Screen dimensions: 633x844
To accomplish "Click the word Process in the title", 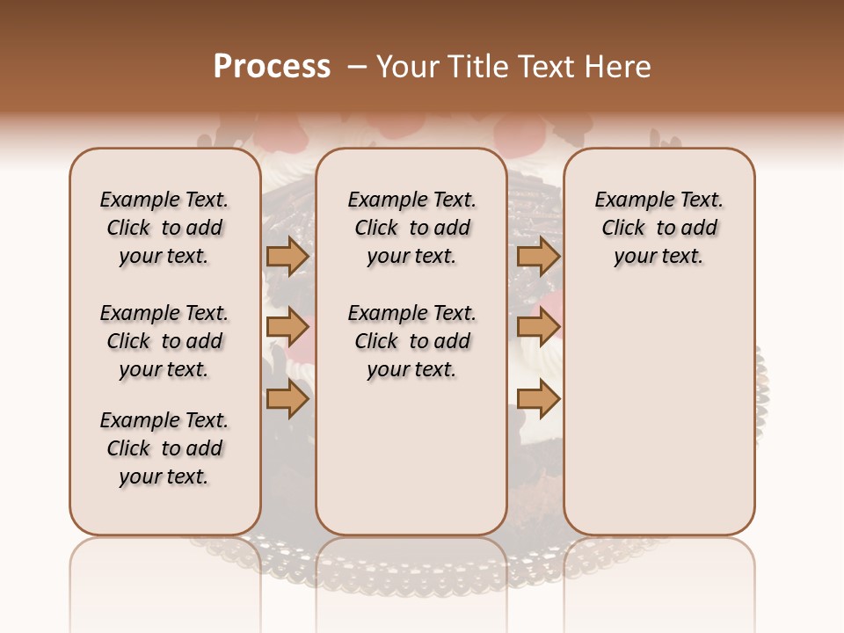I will [x=272, y=67].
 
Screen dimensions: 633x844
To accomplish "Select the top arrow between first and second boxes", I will [x=287, y=256].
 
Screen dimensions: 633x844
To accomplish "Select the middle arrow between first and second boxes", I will [x=287, y=328].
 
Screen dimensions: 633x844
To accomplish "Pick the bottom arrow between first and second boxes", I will [x=287, y=399].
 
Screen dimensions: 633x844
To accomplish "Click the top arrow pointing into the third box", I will [x=538, y=256].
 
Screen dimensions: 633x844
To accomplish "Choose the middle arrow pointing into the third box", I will [x=538, y=328].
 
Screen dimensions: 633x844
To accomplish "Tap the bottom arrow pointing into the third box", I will [x=538, y=399].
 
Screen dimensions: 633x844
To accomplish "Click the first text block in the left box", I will [x=164, y=228].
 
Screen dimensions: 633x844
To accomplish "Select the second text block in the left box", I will [x=164, y=341].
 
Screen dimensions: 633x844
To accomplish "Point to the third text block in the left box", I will [x=164, y=448].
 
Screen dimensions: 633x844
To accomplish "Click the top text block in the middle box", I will [x=411, y=228].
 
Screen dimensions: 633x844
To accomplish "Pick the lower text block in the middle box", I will [x=411, y=341].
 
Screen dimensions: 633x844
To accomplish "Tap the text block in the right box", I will [x=658, y=228].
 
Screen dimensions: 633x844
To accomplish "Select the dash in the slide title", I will [x=357, y=67].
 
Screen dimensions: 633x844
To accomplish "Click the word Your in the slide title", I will [x=408, y=67].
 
